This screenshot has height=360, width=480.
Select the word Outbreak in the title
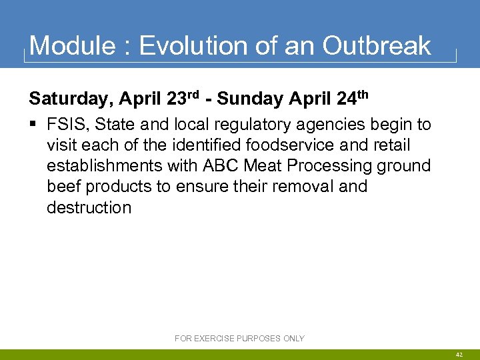click(x=377, y=46)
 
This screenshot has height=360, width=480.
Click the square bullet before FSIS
click(x=33, y=125)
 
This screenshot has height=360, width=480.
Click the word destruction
click(x=89, y=207)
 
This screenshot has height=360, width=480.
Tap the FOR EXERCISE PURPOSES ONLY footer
click(x=239, y=339)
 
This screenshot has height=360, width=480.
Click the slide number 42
click(x=459, y=354)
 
